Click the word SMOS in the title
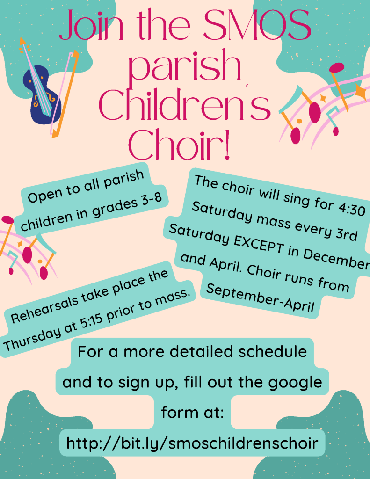tap(257, 25)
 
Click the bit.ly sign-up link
tap(192, 443)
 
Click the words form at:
tap(193, 412)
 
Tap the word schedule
tap(273, 351)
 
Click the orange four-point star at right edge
tap(361, 92)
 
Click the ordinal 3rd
tap(346, 233)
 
